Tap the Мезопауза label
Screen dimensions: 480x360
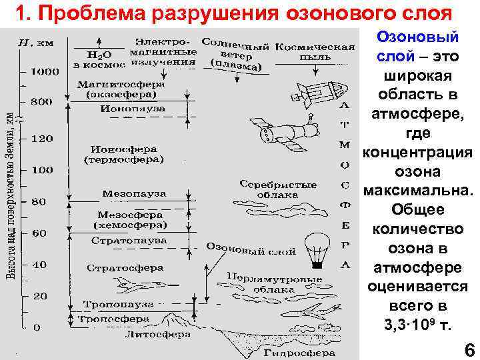click(134, 193)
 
